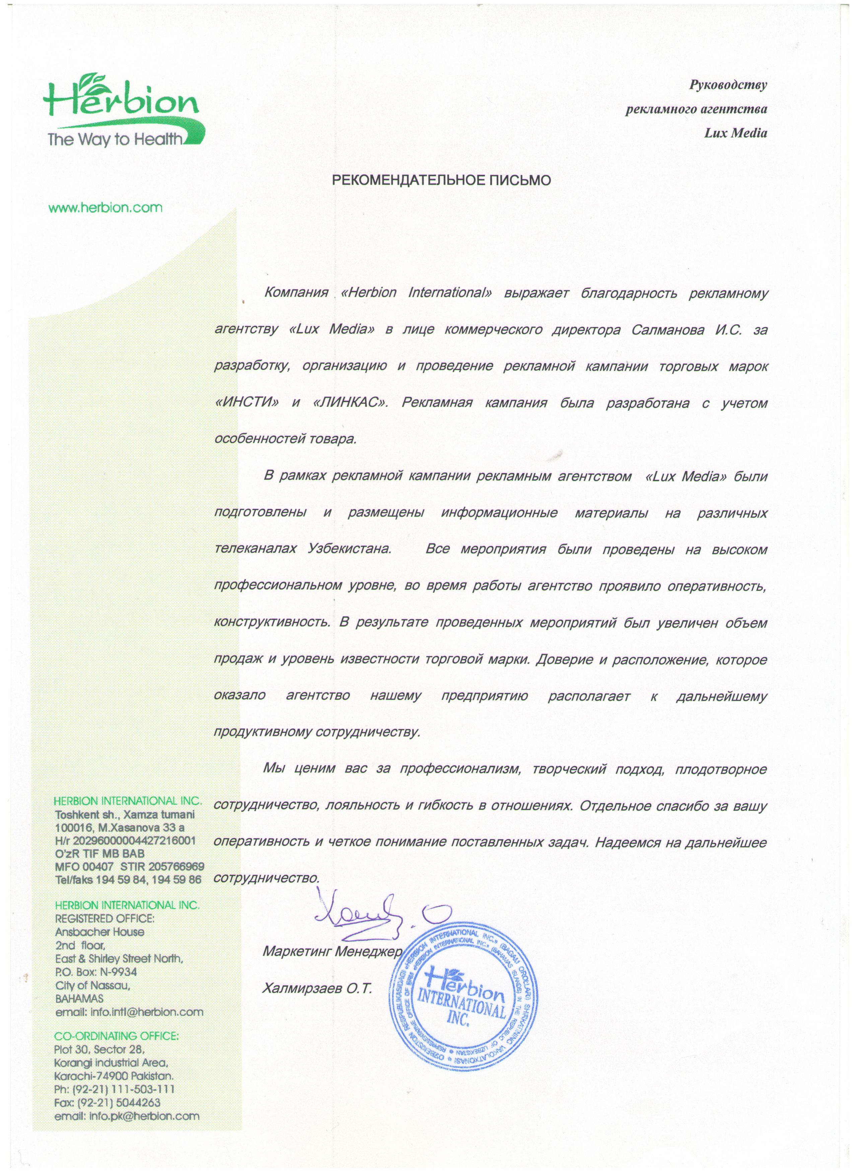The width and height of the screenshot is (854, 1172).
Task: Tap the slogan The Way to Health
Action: tap(116, 140)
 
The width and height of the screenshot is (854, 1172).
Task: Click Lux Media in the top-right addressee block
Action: tap(736, 133)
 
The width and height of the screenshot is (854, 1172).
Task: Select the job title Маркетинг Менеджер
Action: tap(332, 952)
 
